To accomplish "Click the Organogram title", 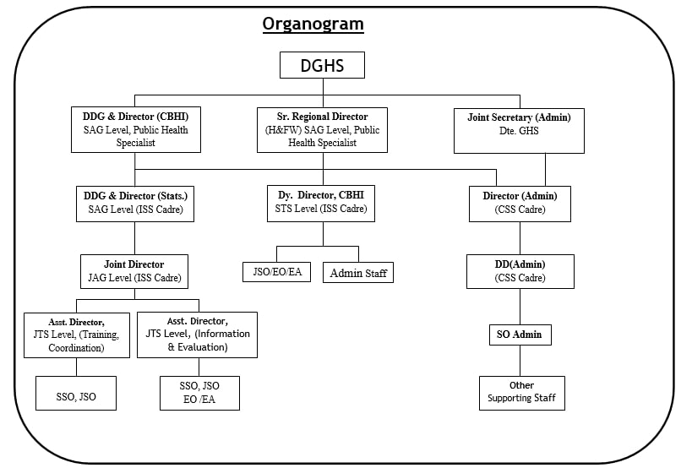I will (313, 24).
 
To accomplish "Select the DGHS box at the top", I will (322, 65).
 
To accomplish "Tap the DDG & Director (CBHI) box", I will (135, 129).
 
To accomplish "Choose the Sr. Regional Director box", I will (322, 129).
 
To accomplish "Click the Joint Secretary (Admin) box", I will (519, 130).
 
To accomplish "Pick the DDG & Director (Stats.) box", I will (134, 204).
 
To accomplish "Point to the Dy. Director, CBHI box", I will (321, 204).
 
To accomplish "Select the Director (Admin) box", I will (520, 204).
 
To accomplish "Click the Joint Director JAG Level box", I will (134, 271).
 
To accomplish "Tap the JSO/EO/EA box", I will (276, 272).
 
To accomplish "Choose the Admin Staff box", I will (357, 272).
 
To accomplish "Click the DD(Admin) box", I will (520, 271).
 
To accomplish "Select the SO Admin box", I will (520, 335).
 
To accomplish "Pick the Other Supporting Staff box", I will (521, 393).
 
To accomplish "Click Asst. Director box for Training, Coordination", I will (77, 335).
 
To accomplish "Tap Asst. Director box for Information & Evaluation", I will (197, 335).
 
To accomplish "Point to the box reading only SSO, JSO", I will (76, 393).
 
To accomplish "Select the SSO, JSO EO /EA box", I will (199, 393).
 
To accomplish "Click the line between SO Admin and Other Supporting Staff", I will (520, 361).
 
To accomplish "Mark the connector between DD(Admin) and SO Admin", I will (520, 306).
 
